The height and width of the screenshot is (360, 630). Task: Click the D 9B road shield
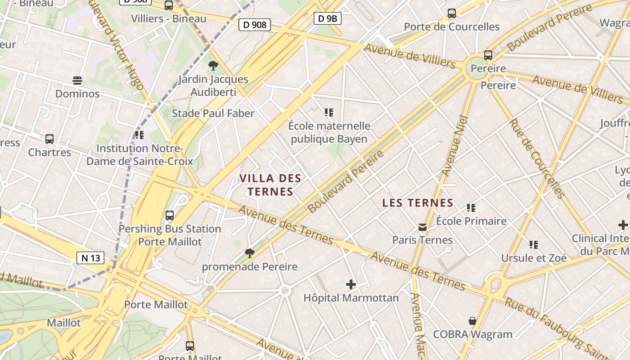point(327,18)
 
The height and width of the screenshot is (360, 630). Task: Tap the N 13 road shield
point(90,258)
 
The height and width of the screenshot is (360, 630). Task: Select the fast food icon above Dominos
point(77,81)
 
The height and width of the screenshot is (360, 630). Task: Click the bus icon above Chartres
point(49,139)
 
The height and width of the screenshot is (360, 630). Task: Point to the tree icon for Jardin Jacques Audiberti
point(213,66)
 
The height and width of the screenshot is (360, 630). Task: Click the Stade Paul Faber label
point(213,113)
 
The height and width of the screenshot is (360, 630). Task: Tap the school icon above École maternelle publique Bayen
point(329,112)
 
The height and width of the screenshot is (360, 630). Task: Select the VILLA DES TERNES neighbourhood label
point(270,185)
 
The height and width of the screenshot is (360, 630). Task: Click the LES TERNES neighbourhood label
point(418,203)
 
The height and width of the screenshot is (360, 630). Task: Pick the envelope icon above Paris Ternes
point(422,227)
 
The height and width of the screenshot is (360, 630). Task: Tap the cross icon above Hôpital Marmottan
point(351,284)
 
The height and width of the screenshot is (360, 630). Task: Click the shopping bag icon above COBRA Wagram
point(472,321)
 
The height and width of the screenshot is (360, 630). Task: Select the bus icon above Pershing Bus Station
point(170,216)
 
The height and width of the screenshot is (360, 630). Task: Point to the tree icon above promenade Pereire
point(249,253)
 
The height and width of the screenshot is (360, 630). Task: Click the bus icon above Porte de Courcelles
point(452,13)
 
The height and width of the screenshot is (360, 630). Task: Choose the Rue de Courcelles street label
point(536,158)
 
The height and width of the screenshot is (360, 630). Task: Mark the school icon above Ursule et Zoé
point(534,245)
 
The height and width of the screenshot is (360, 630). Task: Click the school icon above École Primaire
point(471,208)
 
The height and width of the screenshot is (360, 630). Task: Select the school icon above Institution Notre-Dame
point(139,135)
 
